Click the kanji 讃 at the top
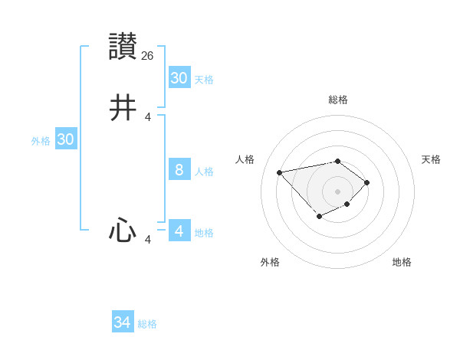pos(123,47)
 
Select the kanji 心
pos(123,231)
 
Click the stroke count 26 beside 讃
pos(148,55)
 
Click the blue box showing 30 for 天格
pos(179,78)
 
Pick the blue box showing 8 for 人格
pos(179,170)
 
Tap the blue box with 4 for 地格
pos(179,231)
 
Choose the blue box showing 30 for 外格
pos(65,139)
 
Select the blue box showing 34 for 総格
pos(122,322)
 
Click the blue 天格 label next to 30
pos(204,80)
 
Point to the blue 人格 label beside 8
pos(204,172)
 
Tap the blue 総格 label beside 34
pos(147,324)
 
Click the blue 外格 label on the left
pos(41,141)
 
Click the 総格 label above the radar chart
pos(337,100)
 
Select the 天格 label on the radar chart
pos(431,159)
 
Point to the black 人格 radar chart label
pos(245,159)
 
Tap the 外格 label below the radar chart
pos(270,262)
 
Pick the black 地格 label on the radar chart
pos(402,262)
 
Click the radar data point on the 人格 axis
pos(280,172)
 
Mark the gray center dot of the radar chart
pos(337,191)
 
